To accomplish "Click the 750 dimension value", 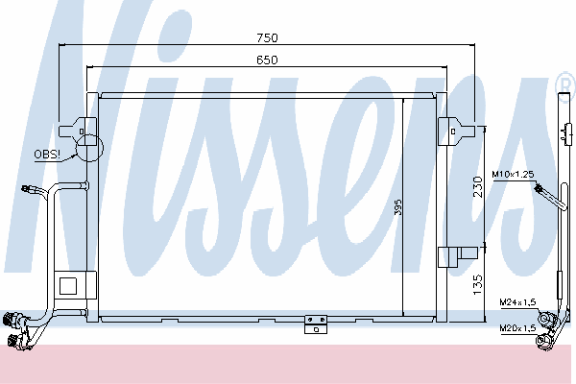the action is click(267, 37).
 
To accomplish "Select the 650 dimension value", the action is click(267, 60).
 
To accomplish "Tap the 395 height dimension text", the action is click(398, 207).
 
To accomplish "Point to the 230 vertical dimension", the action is click(478, 187).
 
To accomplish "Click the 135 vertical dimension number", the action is click(477, 285).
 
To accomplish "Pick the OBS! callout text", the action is click(47, 155).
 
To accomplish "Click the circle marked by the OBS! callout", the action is click(89, 148).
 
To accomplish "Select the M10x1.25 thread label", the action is click(513, 174).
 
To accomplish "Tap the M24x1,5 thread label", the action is click(517, 302).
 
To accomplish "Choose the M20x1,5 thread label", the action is click(517, 327).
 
